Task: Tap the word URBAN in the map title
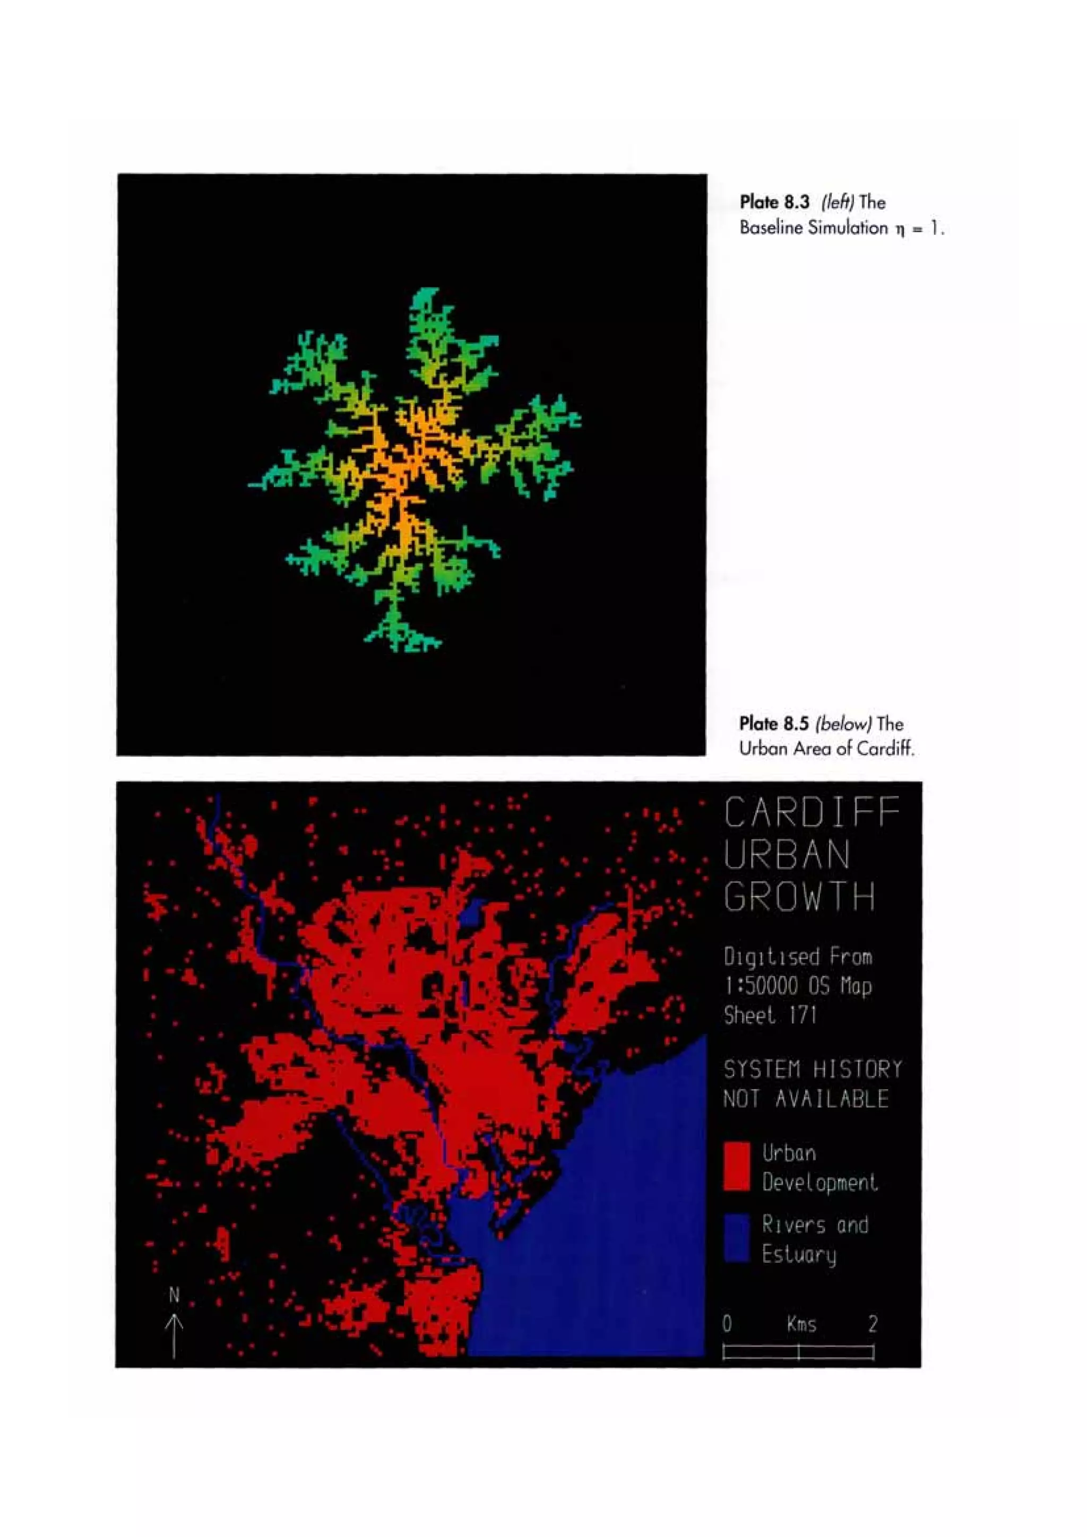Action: pyautogui.click(x=787, y=854)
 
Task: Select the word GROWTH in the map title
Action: pyautogui.click(x=799, y=896)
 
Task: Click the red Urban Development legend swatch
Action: pyautogui.click(x=736, y=1166)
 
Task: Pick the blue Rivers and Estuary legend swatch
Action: pyautogui.click(x=736, y=1238)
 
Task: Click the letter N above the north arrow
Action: pyautogui.click(x=174, y=1296)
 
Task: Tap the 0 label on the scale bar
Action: pyautogui.click(x=727, y=1323)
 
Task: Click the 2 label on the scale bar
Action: pyautogui.click(x=872, y=1323)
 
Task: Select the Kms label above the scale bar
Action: pyautogui.click(x=801, y=1323)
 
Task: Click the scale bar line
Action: pyautogui.click(x=798, y=1352)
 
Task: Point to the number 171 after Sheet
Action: pyautogui.click(x=803, y=1015)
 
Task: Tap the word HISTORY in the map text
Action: pyautogui.click(x=857, y=1069)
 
